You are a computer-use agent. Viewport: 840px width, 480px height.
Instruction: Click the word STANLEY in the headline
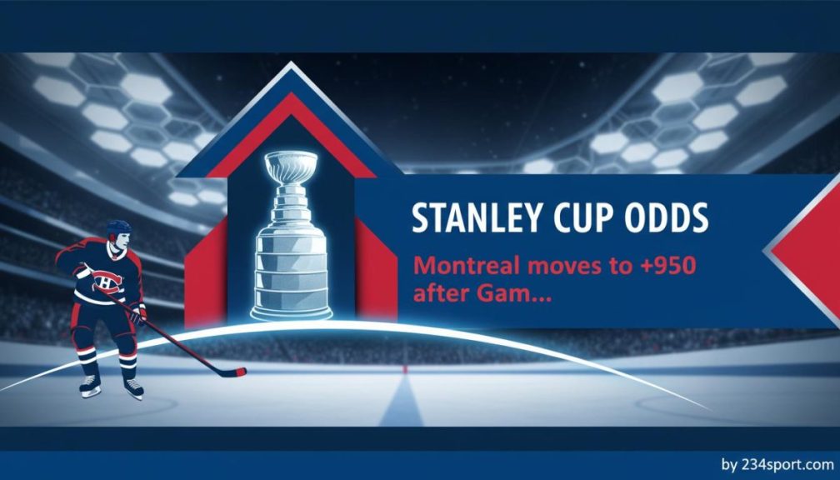(471, 218)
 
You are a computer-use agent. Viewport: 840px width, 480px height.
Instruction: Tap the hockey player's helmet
(118, 227)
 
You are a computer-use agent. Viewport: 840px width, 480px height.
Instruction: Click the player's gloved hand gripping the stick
(138, 315)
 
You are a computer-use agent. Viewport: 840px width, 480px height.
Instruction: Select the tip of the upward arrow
(290, 62)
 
